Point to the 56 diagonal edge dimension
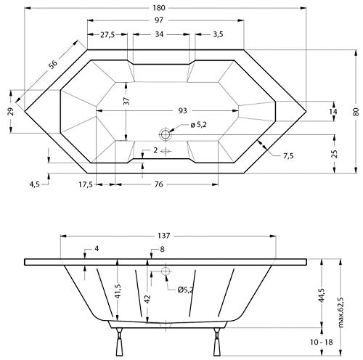coord(52,65)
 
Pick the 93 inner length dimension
coord(181,110)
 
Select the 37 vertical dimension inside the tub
coord(126,103)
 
